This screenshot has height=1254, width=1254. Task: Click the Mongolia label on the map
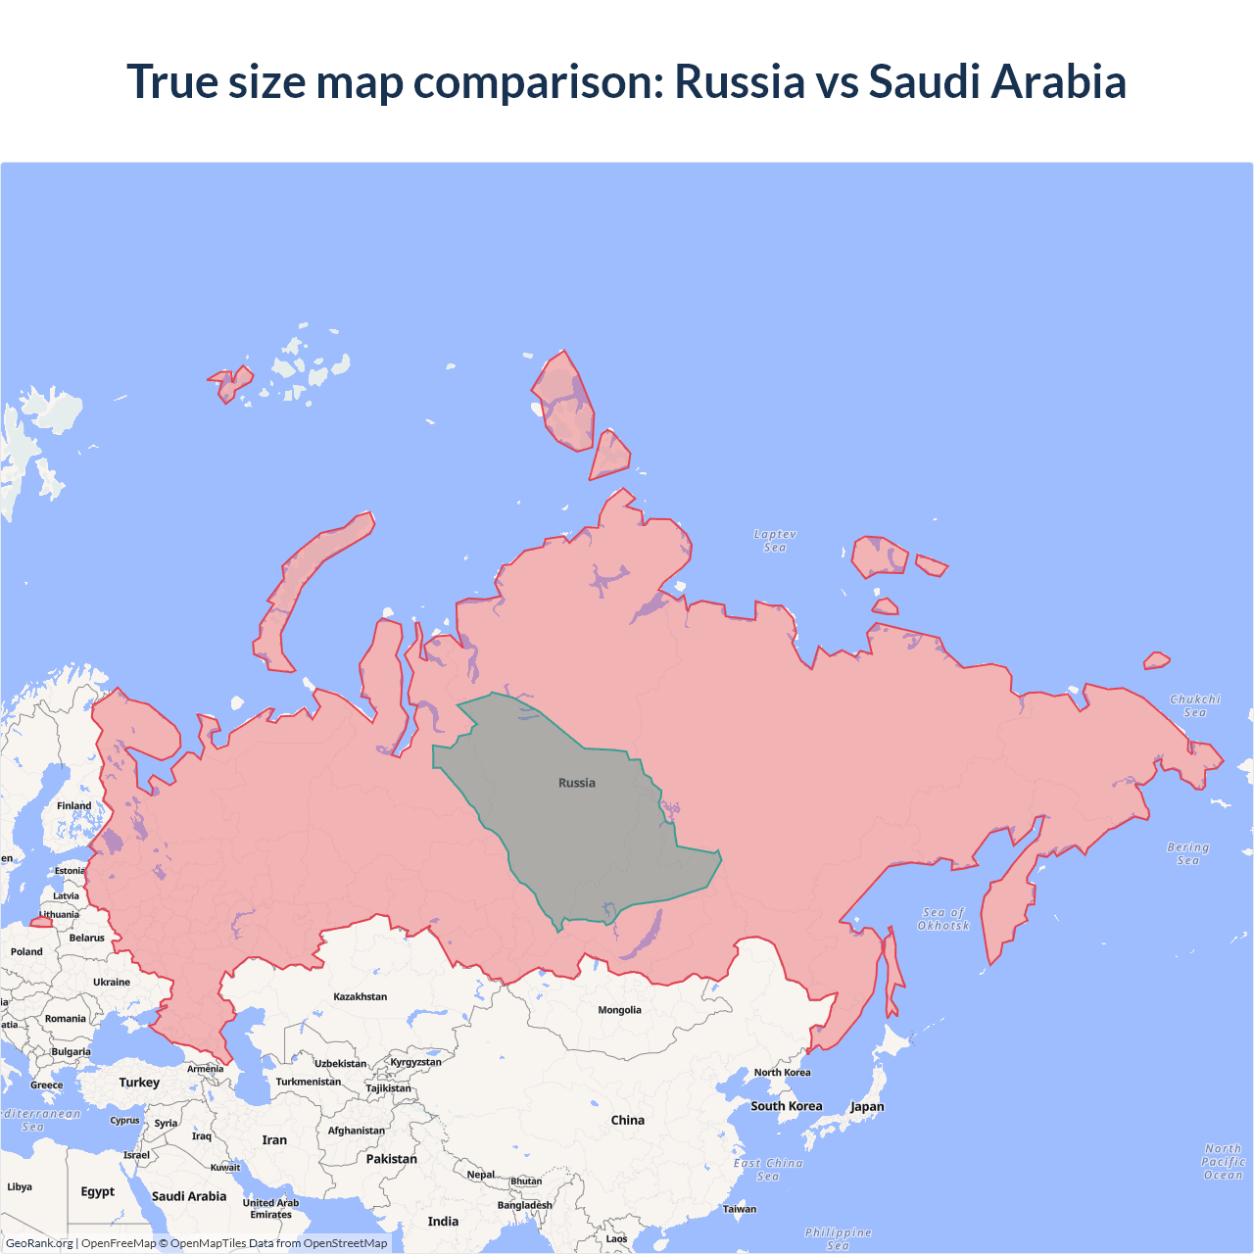point(619,1010)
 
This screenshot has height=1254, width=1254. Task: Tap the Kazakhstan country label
point(360,996)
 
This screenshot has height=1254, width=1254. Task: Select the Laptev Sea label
point(775,541)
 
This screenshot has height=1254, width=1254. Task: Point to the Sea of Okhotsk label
point(943,919)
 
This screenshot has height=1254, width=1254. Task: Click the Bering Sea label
point(1187,853)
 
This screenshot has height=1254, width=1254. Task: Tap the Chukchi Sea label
point(1194,705)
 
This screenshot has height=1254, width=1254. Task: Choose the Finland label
point(73,806)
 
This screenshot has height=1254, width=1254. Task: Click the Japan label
point(867,1107)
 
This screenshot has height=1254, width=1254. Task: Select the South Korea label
point(786,1106)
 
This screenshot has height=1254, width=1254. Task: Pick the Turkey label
point(139,1083)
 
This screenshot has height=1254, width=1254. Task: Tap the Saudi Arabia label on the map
point(189,1196)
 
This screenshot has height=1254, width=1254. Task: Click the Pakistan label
point(391,1159)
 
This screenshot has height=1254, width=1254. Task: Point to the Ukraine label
point(112,982)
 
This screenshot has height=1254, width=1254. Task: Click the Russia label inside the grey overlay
point(576,783)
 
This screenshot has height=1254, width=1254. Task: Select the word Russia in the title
point(739,81)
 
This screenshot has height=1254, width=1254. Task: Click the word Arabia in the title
point(1058,81)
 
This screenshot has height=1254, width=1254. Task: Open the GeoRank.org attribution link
point(39,1243)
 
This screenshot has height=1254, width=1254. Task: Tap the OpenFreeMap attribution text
point(119,1243)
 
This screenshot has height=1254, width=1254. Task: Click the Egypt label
point(97,1192)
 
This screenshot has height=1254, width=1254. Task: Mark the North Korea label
point(782,1073)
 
